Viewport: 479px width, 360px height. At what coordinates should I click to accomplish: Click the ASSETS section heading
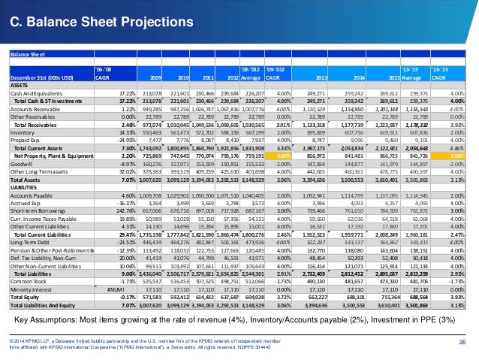[18, 85]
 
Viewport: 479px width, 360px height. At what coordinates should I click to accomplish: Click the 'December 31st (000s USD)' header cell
[44, 77]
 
